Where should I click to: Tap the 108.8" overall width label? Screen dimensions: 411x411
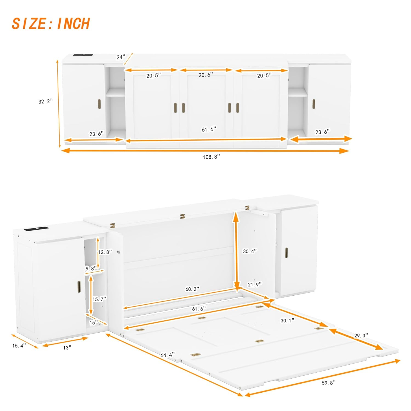pyautogui.click(x=211, y=157)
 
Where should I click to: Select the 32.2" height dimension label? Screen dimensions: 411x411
pyautogui.click(x=45, y=101)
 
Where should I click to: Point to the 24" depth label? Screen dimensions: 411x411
pyautogui.click(x=121, y=57)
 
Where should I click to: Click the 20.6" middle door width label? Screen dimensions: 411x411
pyautogui.click(x=206, y=75)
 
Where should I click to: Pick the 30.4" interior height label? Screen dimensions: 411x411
pyautogui.click(x=250, y=251)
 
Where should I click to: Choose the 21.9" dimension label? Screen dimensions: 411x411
pyautogui.click(x=255, y=285)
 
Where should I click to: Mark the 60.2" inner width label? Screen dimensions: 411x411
pyautogui.click(x=192, y=289)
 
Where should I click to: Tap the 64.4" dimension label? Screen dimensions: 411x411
pyautogui.click(x=167, y=355)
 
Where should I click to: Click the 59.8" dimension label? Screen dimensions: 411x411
pyautogui.click(x=329, y=383)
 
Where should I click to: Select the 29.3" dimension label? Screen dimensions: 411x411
pyautogui.click(x=361, y=336)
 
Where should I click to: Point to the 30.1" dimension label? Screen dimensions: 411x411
pyautogui.click(x=287, y=320)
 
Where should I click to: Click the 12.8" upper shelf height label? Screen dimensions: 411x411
pyautogui.click(x=105, y=252)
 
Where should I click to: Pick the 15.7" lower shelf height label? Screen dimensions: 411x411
pyautogui.click(x=99, y=299)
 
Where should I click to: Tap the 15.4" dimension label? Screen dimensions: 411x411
pyautogui.click(x=19, y=346)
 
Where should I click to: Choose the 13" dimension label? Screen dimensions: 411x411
pyautogui.click(x=67, y=347)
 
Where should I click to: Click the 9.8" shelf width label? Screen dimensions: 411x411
pyautogui.click(x=91, y=269)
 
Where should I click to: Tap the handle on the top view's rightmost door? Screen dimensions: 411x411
pyautogui.click(x=314, y=104)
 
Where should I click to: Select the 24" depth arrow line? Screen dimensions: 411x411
pyautogui.click(x=128, y=59)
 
